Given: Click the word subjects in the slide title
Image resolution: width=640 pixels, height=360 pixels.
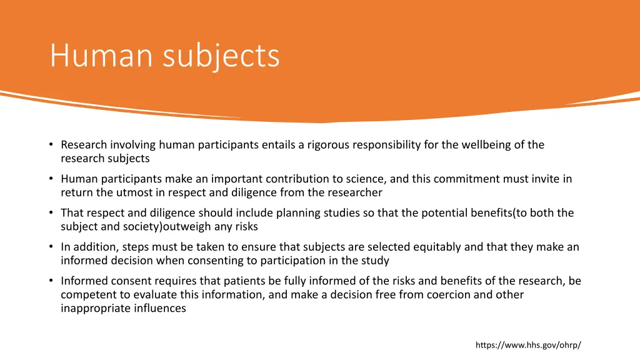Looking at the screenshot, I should [x=221, y=56].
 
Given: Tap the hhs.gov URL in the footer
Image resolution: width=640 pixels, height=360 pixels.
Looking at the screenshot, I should [x=528, y=345].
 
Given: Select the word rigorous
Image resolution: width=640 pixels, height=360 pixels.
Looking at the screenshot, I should [x=327, y=145].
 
